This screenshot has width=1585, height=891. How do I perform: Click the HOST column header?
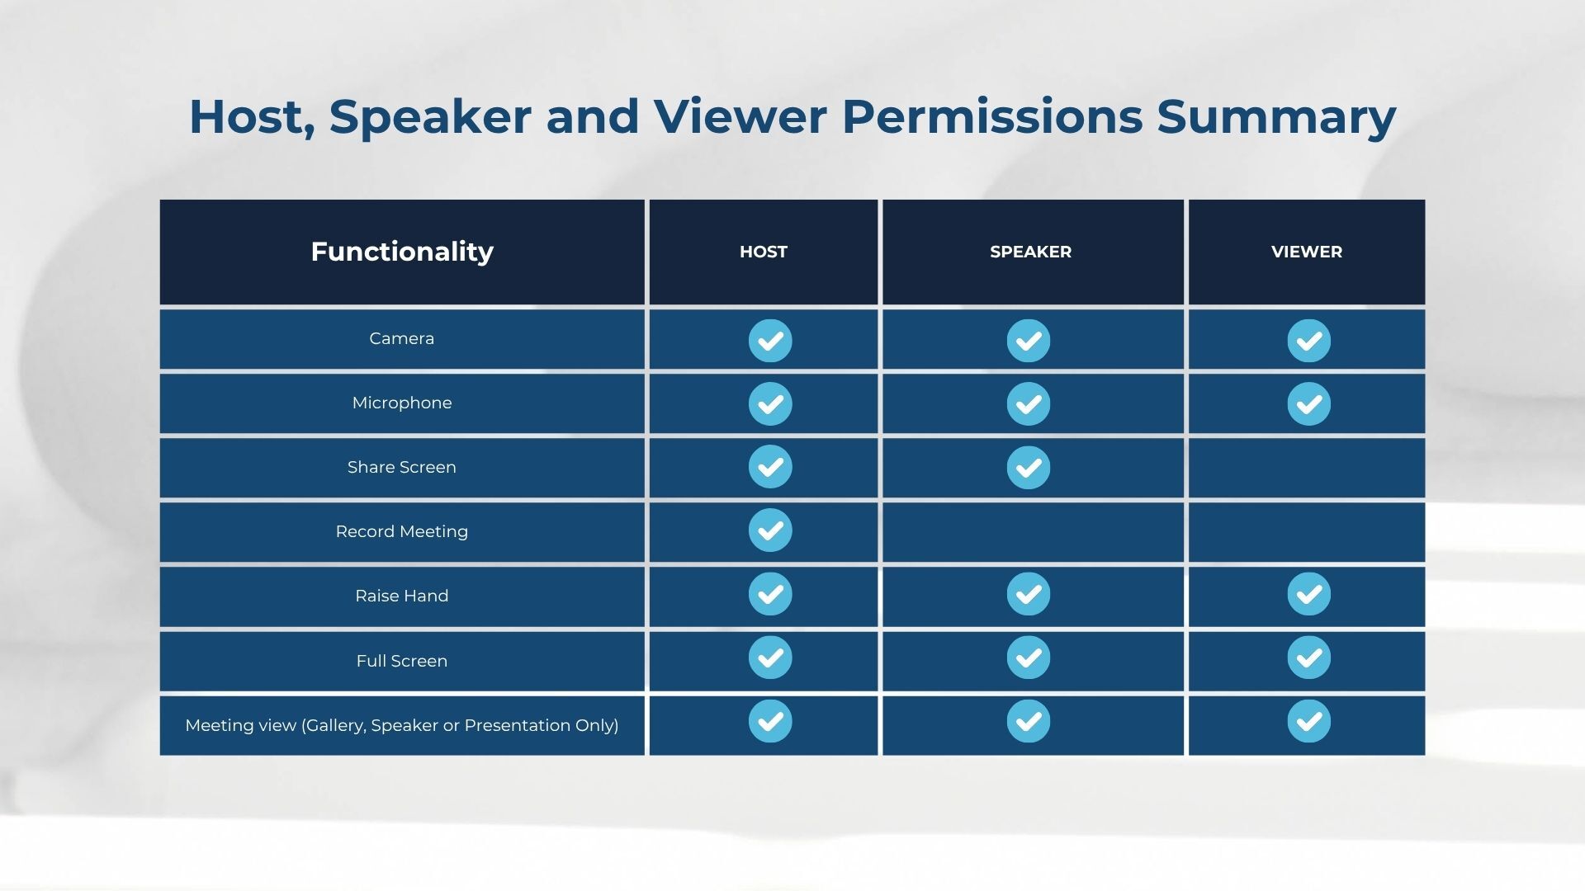(763, 252)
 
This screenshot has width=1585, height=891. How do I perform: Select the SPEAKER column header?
(1030, 252)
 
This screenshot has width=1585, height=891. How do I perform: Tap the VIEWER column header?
(1307, 252)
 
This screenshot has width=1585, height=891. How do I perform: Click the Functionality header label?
(402, 251)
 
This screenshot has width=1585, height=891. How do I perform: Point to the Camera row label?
(402, 338)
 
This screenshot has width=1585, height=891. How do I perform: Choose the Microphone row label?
(402, 403)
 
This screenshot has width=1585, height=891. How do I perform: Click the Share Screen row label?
(402, 467)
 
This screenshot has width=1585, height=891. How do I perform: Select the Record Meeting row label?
(402, 531)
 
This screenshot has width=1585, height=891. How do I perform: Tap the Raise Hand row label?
(402, 596)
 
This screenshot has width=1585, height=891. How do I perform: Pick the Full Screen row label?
(402, 661)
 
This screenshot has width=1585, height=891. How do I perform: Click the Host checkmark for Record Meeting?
(770, 530)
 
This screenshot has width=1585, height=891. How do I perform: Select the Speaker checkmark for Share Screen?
(1029, 467)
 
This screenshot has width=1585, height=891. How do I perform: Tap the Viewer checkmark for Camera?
(1309, 340)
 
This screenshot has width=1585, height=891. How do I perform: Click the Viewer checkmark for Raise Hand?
(1309, 594)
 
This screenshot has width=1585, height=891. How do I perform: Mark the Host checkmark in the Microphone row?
(770, 403)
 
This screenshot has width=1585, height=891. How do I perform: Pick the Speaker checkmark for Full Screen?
(1029, 658)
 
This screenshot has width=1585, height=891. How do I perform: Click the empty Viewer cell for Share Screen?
(1307, 468)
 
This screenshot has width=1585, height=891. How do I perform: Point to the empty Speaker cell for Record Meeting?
(1033, 532)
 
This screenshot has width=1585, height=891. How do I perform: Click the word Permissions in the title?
(992, 116)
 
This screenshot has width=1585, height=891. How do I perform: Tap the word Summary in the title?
(1276, 118)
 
